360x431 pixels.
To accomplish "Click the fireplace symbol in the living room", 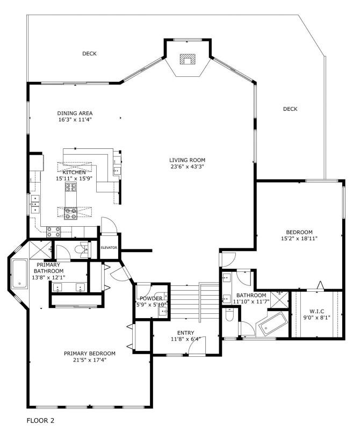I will tap(186, 59).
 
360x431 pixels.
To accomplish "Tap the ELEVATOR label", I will tap(109, 248).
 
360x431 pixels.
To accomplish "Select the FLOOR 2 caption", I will tap(40, 420).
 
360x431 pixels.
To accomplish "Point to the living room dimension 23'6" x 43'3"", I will tap(187, 167).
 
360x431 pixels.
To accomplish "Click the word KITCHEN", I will tap(74, 172).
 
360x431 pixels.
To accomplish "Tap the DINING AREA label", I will tap(75, 113).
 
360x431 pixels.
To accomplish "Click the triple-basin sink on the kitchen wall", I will tap(35, 204).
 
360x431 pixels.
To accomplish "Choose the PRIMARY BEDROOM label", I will tap(90, 353).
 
